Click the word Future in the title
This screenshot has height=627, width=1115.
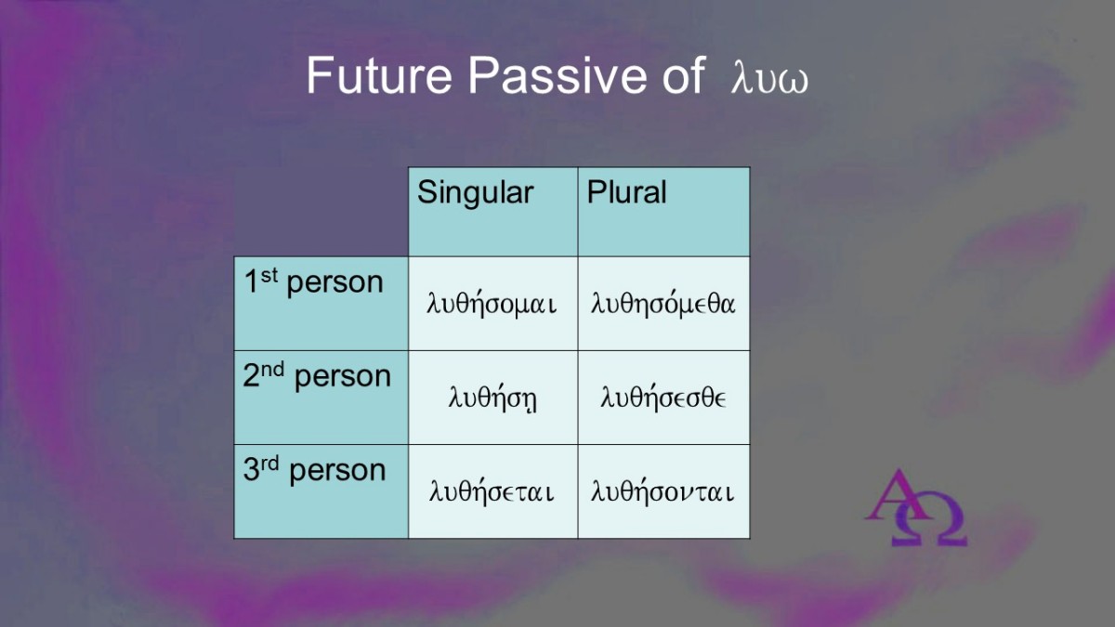[x=379, y=75]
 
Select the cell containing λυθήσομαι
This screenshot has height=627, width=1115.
[x=492, y=304]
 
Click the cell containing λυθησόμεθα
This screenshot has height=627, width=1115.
[x=663, y=304]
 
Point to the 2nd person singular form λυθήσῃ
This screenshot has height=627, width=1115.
[x=492, y=398]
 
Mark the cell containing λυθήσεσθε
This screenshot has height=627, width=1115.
[x=663, y=398]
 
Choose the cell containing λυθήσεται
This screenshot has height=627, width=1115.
[x=492, y=491]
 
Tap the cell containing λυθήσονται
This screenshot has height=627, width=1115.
[x=663, y=491]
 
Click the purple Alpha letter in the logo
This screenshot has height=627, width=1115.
[x=897, y=494]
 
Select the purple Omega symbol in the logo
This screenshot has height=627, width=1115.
[x=930, y=520]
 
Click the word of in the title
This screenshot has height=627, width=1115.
[x=684, y=75]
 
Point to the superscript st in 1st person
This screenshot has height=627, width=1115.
[x=269, y=275]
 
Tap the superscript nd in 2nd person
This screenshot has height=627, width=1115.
[x=272, y=370]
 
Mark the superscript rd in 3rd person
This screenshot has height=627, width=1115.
[x=269, y=464]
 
